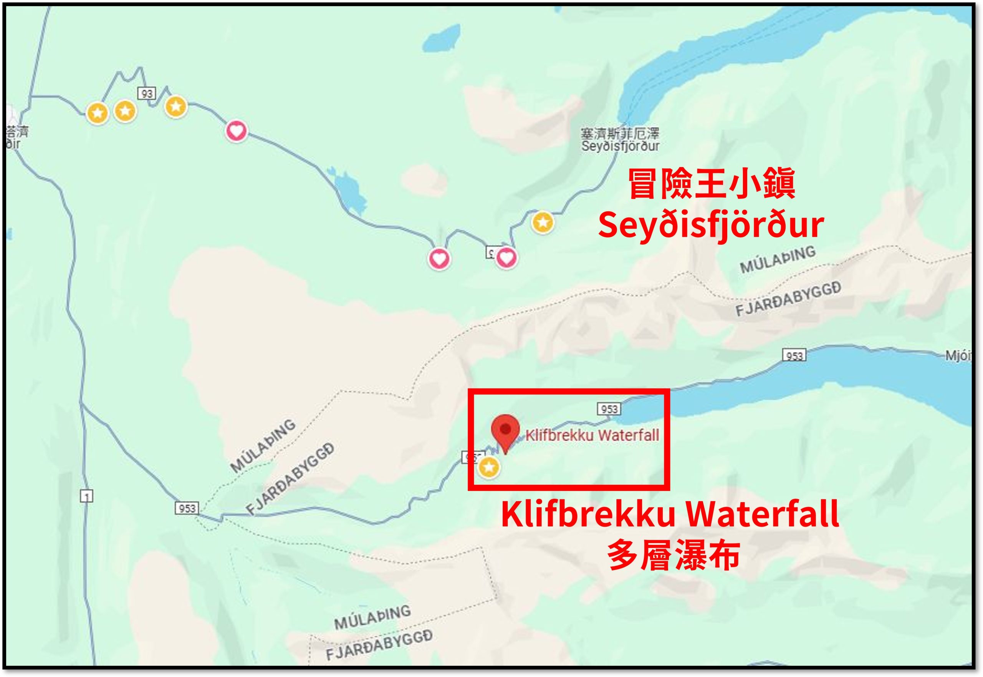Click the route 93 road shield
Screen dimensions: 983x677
click(x=147, y=93)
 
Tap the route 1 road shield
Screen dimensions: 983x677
click(x=86, y=496)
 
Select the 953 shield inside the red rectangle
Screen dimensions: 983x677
click(x=609, y=409)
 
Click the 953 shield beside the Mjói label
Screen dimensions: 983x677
click(x=794, y=355)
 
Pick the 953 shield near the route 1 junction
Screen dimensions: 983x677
click(x=187, y=508)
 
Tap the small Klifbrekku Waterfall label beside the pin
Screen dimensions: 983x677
click(x=592, y=435)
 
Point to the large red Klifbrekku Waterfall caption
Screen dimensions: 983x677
click(x=670, y=514)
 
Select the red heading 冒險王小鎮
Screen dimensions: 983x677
click(x=711, y=184)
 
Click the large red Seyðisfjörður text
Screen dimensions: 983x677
click(x=711, y=225)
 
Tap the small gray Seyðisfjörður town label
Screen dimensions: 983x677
click(x=620, y=146)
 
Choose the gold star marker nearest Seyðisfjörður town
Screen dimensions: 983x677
click(x=543, y=222)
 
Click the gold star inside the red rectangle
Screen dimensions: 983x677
click(x=489, y=468)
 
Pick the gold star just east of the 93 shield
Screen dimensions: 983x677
click(x=176, y=106)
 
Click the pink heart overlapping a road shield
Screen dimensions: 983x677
click(x=506, y=257)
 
